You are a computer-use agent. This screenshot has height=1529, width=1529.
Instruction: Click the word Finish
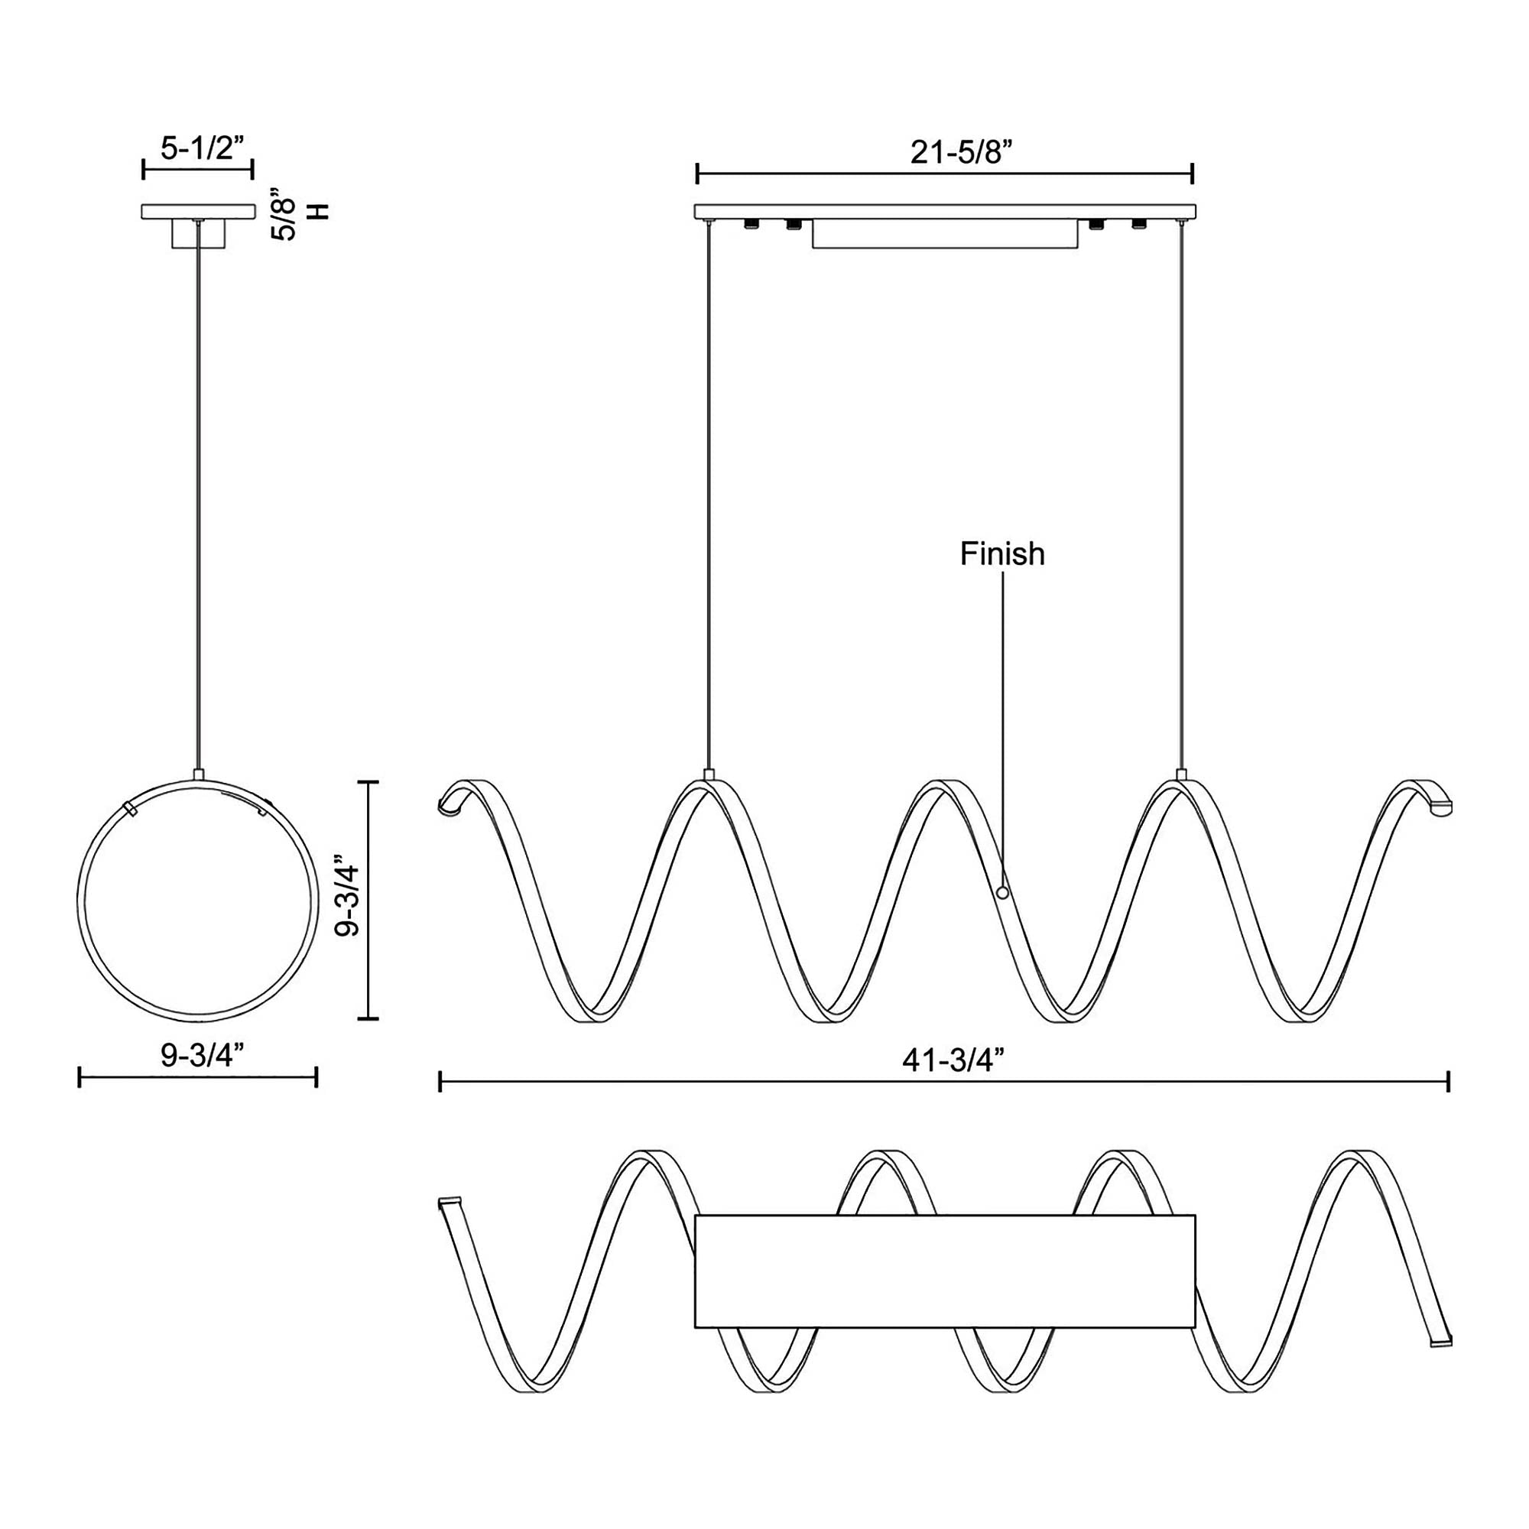click(1002, 555)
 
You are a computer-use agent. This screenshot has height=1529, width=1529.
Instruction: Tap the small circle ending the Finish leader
click(1003, 893)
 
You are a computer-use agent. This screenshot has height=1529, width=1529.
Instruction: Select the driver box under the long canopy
click(944, 235)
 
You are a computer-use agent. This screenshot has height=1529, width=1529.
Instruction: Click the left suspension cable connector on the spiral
click(709, 774)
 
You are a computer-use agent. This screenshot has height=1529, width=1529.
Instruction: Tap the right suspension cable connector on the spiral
click(1182, 774)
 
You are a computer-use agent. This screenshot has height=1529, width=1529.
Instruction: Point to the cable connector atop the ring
click(198, 774)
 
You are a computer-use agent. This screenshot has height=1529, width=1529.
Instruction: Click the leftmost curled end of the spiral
click(449, 803)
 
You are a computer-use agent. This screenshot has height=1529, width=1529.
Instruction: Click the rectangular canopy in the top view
click(944, 1272)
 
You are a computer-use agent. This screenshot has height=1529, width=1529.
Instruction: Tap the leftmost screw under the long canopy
click(748, 226)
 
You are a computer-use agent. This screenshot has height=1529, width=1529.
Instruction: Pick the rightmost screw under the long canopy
click(1139, 226)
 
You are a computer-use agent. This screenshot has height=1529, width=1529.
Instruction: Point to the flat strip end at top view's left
click(449, 1202)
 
